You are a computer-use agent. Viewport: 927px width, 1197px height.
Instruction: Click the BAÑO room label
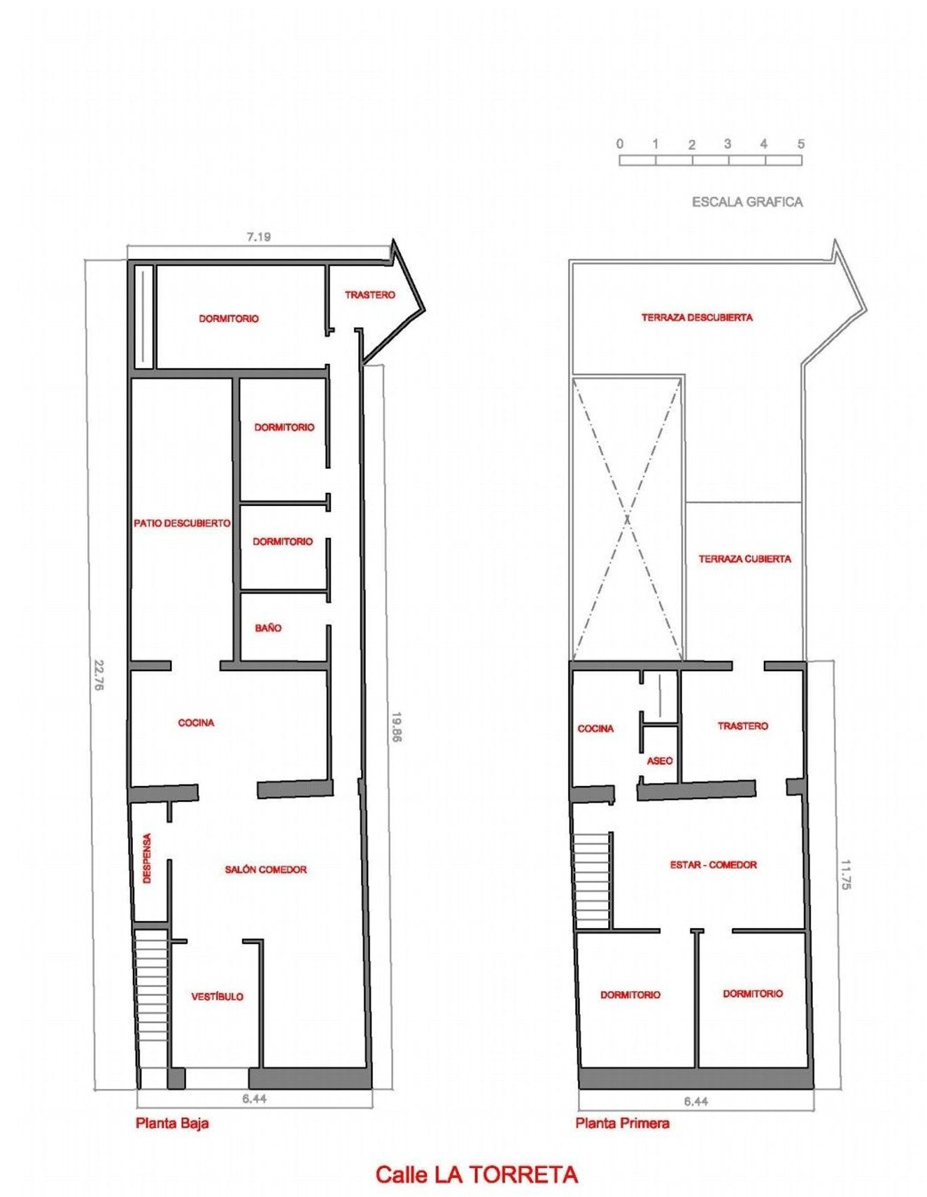pos(268,628)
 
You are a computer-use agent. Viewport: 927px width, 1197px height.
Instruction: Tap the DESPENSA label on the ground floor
pos(147,858)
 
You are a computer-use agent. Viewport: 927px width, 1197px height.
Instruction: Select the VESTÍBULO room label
pos(217,996)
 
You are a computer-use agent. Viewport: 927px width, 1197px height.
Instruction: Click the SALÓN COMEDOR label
pos(266,869)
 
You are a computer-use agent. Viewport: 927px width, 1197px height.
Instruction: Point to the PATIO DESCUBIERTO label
pos(182,523)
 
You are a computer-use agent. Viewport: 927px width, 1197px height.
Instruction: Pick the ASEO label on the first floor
pos(659,761)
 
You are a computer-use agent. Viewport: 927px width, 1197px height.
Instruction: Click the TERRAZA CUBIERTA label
pos(745,559)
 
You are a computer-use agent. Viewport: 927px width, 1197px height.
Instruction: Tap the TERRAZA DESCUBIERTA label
pos(697,317)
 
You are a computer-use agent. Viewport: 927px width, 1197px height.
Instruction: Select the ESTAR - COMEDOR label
pos(713,865)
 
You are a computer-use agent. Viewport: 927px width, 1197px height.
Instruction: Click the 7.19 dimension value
pos(258,236)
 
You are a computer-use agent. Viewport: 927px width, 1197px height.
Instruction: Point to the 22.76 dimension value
pos(98,675)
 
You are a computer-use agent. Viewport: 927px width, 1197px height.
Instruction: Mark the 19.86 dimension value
pos(396,727)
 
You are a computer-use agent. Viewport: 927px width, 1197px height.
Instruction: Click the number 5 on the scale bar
pos(801,144)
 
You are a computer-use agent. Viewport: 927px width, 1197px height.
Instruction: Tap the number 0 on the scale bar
pos(620,144)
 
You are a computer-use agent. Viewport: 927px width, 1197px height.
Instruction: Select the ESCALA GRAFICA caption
pos(747,201)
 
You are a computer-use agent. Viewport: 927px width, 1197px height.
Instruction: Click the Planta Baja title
pos(172,1123)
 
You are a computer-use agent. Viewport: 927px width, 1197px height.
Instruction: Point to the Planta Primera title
pos(622,1123)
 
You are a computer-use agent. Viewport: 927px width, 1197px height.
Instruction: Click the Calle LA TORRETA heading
pos(476,1174)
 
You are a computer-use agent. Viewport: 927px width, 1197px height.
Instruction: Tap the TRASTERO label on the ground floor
pos(370,295)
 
